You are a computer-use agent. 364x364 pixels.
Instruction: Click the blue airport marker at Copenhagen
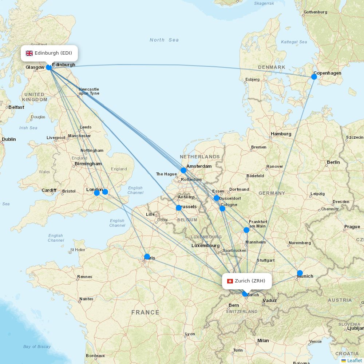coord(314,76)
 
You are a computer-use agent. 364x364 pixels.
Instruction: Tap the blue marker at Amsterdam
coord(183,170)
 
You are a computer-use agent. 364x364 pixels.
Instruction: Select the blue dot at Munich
coord(300,273)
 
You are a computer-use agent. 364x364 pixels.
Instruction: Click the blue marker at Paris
coord(147,257)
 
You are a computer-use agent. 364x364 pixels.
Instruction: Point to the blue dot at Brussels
coord(179,208)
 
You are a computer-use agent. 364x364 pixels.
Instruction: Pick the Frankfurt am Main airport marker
coord(246,230)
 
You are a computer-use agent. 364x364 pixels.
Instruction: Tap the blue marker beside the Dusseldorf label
coord(217,198)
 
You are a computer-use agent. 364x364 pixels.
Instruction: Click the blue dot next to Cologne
coord(222,209)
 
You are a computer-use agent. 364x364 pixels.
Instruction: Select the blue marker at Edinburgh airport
coord(49,67)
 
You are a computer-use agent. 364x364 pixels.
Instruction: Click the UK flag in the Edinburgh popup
coord(29,53)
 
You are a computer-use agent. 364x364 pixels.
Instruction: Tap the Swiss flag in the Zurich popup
coord(230,281)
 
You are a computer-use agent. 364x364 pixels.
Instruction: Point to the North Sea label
coord(164,40)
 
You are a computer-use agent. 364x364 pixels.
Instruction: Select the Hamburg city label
coord(281,134)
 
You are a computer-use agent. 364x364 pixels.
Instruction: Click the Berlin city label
coord(333,162)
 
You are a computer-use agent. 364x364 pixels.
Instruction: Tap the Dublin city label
coord(9,139)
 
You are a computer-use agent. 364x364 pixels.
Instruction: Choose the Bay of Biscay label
coord(37,347)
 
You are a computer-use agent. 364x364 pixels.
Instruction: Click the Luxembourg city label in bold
coord(205,246)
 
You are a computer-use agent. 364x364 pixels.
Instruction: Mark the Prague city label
coord(352,227)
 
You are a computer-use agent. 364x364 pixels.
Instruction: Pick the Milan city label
coord(263,341)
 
